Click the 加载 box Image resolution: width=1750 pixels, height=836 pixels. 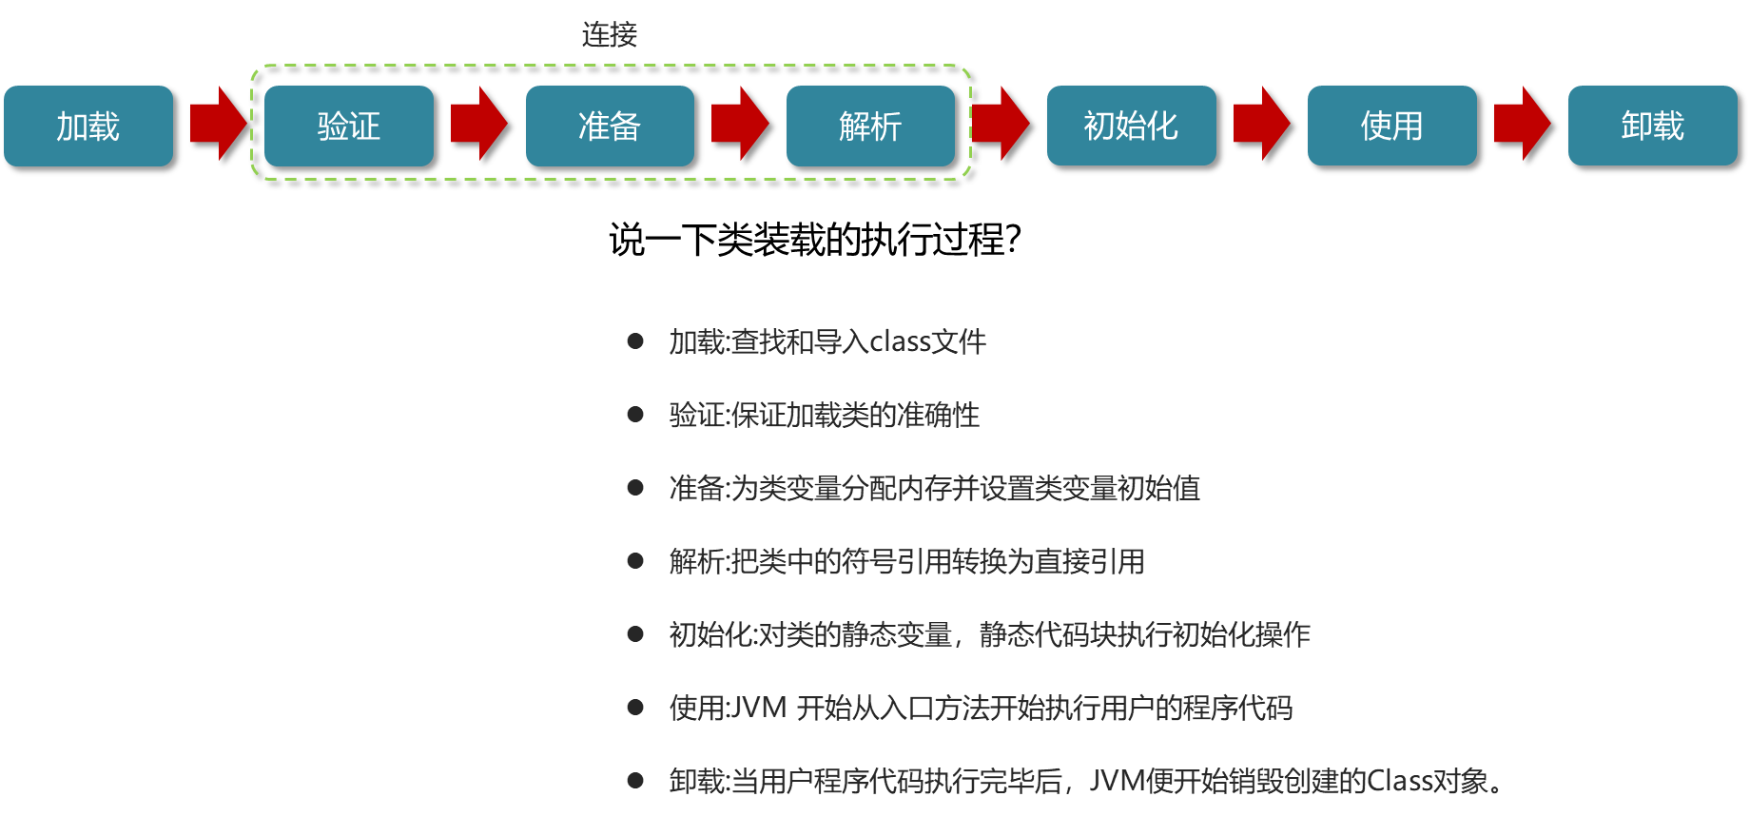pyautogui.click(x=88, y=126)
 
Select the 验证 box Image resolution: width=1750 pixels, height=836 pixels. pyautogui.click(x=349, y=126)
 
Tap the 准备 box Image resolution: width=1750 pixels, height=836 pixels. pyautogui.click(x=610, y=126)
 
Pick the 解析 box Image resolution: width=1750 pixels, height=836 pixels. pyautogui.click(x=870, y=126)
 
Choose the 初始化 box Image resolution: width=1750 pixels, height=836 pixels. pyautogui.click(x=1131, y=126)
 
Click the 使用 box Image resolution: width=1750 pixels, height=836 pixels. pyautogui.click(x=1391, y=126)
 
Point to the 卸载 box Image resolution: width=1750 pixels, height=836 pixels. pyautogui.click(x=1652, y=126)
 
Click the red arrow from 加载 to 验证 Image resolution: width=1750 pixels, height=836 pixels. pyautogui.click(x=218, y=124)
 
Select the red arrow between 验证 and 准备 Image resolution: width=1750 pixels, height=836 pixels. pyautogui.click(x=478, y=124)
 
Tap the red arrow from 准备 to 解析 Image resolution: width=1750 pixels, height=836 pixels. pyautogui.click(x=739, y=124)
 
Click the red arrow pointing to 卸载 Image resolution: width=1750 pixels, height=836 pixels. pyautogui.click(x=1522, y=124)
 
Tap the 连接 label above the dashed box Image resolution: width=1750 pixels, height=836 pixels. pyautogui.click(x=610, y=35)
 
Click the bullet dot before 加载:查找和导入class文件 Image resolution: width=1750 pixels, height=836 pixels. pyautogui.click(x=635, y=340)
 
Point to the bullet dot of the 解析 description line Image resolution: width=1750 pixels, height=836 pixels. pyautogui.click(x=635, y=561)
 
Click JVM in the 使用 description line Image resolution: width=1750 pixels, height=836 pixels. pyautogui.click(x=757, y=708)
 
